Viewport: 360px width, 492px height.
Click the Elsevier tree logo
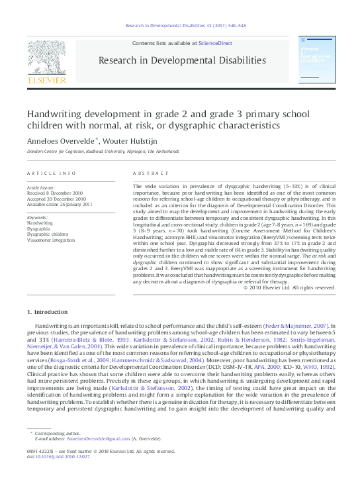click(46, 56)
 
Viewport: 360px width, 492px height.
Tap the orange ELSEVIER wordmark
click(46, 80)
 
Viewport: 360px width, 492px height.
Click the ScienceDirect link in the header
click(216, 43)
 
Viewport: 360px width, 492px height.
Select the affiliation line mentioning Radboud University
click(103, 151)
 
